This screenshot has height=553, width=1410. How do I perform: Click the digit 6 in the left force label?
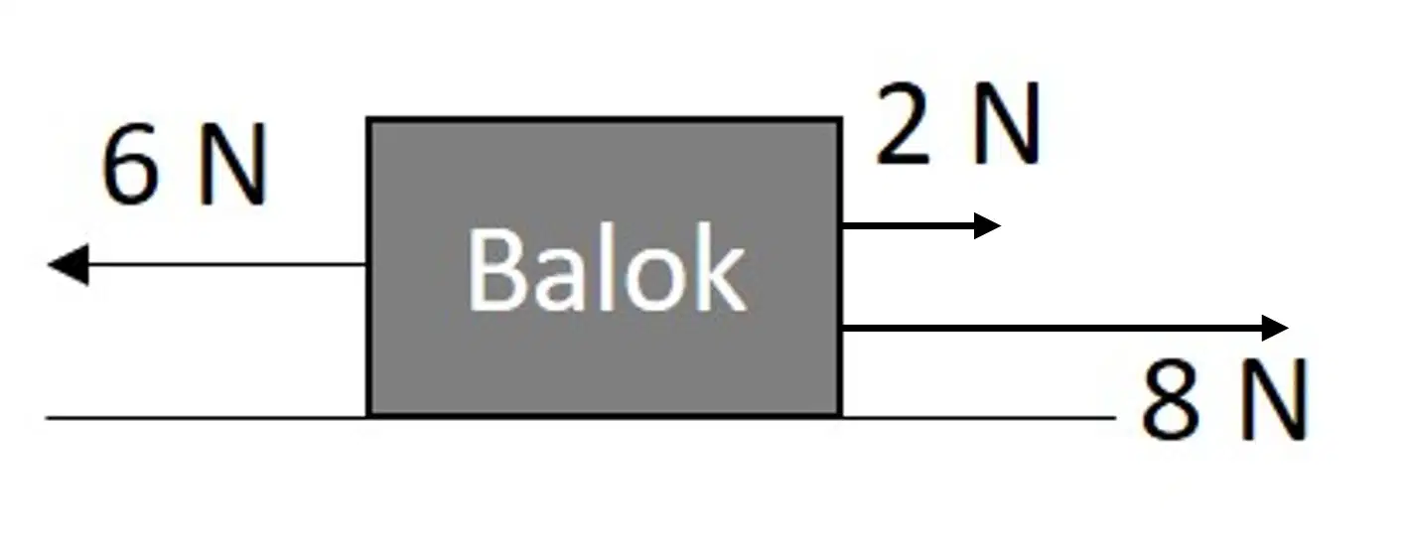click(130, 165)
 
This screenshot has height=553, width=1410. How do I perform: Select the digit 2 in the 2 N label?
click(903, 123)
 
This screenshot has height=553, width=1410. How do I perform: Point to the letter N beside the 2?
click(1006, 123)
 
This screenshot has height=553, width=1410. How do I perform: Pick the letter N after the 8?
click(1275, 399)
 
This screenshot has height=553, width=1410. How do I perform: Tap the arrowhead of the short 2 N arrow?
click(987, 225)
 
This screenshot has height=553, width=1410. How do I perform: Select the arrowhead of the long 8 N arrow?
click(1275, 328)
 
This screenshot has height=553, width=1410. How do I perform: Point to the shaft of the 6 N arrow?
click(226, 265)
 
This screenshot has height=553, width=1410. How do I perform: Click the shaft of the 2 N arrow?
click(909, 225)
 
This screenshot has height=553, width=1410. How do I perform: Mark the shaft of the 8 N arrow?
click(1052, 328)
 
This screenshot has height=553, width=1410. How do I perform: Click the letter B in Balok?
click(494, 269)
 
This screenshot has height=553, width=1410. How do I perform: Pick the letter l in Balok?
click(606, 267)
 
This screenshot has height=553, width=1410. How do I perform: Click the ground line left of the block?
click(206, 418)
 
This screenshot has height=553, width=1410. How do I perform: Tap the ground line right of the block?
click(979, 418)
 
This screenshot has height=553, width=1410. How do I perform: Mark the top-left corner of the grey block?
click(367, 117)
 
